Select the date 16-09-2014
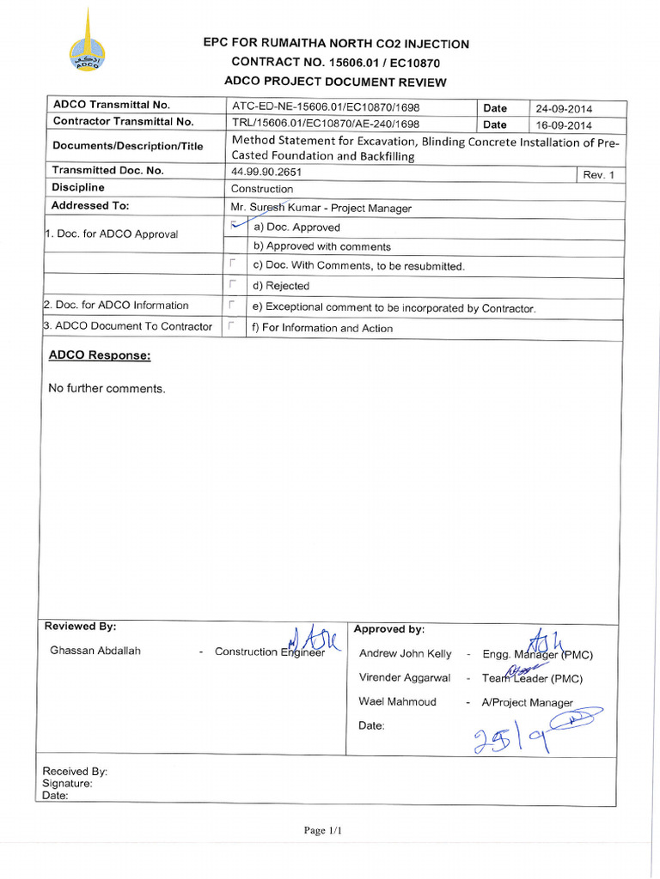(x=564, y=124)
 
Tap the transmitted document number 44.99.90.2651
(x=266, y=172)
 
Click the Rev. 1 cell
(x=599, y=175)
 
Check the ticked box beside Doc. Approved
(x=233, y=225)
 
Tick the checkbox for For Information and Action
(x=232, y=326)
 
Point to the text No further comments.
(x=107, y=389)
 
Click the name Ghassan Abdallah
(x=95, y=651)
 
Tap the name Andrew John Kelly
(x=405, y=654)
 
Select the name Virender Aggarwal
(x=404, y=678)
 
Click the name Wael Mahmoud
(x=397, y=702)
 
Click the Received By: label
(x=75, y=772)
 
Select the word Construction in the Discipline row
(x=262, y=189)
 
